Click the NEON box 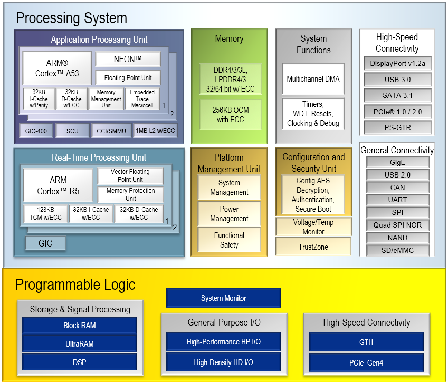pyautogui.click(x=128, y=60)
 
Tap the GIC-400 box pyautogui.click(x=35, y=131)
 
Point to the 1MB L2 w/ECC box pyautogui.click(x=156, y=131)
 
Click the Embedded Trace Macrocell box pyautogui.click(x=142, y=99)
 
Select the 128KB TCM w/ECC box pyautogui.click(x=45, y=213)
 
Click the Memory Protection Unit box pyautogui.click(x=130, y=194)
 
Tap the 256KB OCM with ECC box pyautogui.click(x=230, y=114)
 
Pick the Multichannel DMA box pyautogui.click(x=313, y=79)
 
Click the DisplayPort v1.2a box pyautogui.click(x=397, y=64)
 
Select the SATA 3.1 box pyautogui.click(x=397, y=95)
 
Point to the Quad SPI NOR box pyautogui.click(x=397, y=225)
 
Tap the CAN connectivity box pyautogui.click(x=397, y=187)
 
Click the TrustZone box pyautogui.click(x=313, y=247)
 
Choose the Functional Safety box pyautogui.click(x=229, y=240)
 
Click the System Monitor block pyautogui.click(x=223, y=298)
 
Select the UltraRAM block pyautogui.click(x=79, y=343)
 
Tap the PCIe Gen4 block pyautogui.click(x=366, y=362)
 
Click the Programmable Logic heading pyautogui.click(x=75, y=285)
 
